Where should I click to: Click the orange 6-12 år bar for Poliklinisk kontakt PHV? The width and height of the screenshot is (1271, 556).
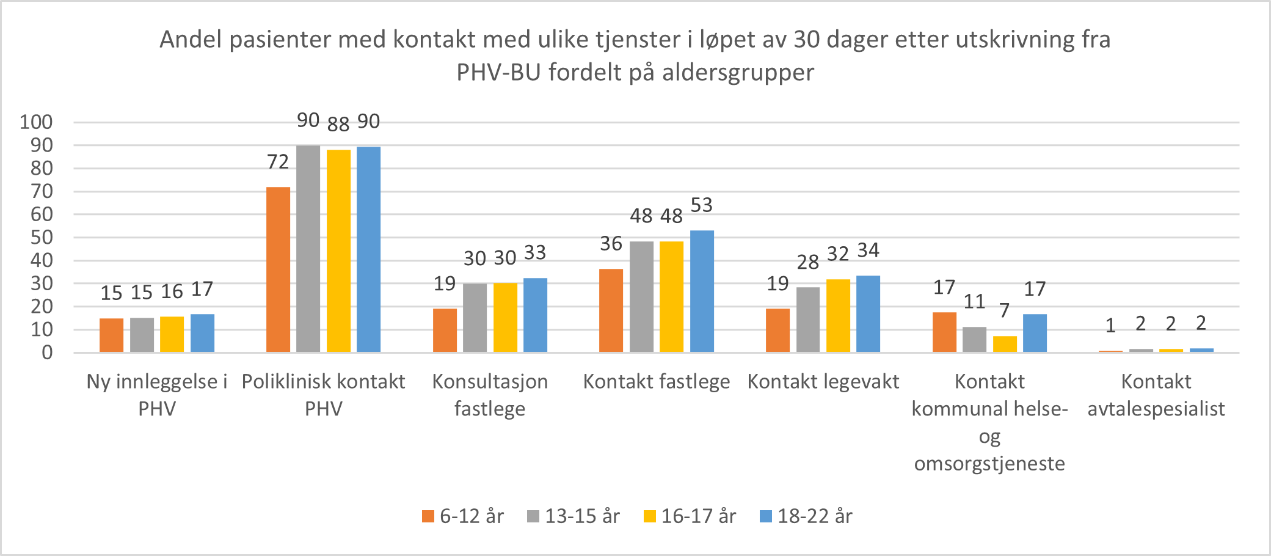click(x=278, y=269)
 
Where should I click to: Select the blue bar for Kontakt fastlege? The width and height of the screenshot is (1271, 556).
click(x=702, y=291)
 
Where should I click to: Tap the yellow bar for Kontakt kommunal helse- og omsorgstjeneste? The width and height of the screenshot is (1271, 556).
click(x=1005, y=344)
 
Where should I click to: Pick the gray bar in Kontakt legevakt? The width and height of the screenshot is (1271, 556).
click(x=808, y=320)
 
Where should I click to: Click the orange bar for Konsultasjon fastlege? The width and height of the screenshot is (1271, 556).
click(x=445, y=330)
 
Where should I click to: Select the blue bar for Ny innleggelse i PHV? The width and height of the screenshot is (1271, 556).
click(x=202, y=333)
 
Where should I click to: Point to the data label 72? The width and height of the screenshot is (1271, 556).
click(x=278, y=162)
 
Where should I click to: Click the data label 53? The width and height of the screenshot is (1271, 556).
click(x=702, y=205)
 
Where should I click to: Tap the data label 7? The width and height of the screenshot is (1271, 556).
click(x=1005, y=310)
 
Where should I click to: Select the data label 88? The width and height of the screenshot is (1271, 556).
click(x=338, y=124)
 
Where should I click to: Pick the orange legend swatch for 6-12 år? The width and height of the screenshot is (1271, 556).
click(x=428, y=516)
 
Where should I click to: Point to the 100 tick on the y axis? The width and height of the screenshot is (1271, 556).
click(x=36, y=122)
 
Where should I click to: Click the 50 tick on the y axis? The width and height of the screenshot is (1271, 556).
click(x=42, y=238)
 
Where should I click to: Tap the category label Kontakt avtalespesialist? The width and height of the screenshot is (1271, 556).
click(x=1156, y=395)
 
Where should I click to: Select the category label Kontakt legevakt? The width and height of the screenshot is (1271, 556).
click(x=823, y=381)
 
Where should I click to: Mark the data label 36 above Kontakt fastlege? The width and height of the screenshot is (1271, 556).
click(x=611, y=244)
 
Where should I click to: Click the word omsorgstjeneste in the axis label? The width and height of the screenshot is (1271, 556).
click(x=989, y=463)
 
